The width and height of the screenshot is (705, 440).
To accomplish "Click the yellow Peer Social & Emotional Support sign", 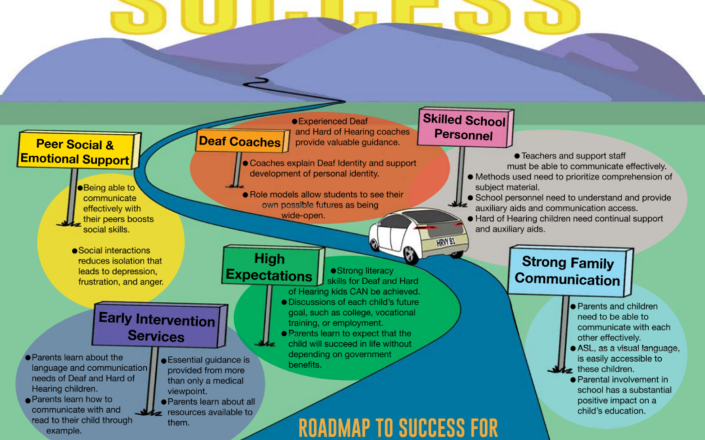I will point(75,151).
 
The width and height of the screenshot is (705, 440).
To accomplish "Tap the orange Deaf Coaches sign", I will point(240,141).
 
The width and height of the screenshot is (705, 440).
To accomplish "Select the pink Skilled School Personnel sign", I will point(464,127).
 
